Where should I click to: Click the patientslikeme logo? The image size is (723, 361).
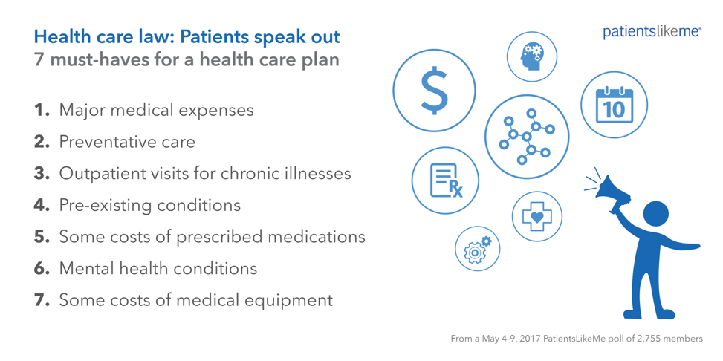point(652,32)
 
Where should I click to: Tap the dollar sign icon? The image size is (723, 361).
point(434,91)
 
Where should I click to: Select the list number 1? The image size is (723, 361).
point(42,111)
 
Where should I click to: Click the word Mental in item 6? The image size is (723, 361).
point(82,268)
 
